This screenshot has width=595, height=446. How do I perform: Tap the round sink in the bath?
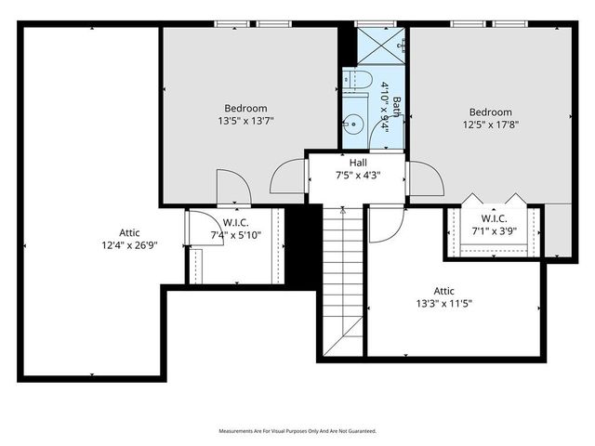(x=352, y=122)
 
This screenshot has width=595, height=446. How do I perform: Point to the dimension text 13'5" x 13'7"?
(x=245, y=120)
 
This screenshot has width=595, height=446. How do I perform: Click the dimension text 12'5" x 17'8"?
(x=490, y=124)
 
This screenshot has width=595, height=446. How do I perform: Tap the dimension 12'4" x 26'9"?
(x=130, y=245)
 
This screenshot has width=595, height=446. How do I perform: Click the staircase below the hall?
(x=340, y=279)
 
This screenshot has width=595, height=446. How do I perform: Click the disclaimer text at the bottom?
(x=297, y=431)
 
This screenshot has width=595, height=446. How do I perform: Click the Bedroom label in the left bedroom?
(x=245, y=108)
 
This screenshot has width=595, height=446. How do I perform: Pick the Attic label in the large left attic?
(x=130, y=232)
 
